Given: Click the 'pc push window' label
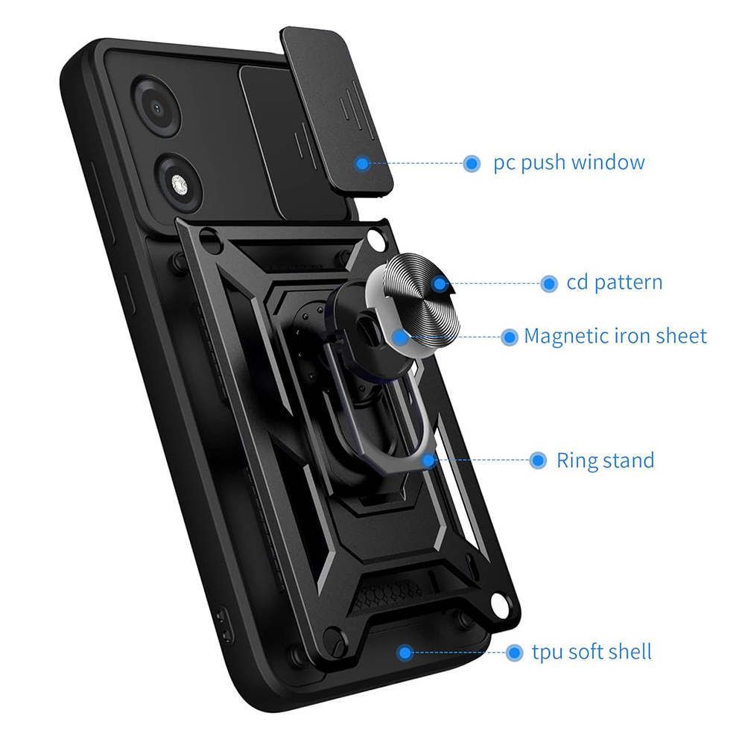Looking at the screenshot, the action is pos(568,163).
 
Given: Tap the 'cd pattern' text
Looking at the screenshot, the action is pos(615,282).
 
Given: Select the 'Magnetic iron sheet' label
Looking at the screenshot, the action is pos(615,337).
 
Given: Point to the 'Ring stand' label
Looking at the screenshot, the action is pos(605,460).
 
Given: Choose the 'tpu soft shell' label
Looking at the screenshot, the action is pos(592,652).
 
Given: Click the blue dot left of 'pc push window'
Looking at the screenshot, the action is pos(472,163).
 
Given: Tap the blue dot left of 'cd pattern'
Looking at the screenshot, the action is pos(549,284).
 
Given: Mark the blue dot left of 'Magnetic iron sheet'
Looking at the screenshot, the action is pos(510,337).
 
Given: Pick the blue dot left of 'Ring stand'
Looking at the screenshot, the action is pos(538,460).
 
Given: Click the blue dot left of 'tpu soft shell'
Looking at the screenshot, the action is pos(514,653).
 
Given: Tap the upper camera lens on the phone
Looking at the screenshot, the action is pos(157,109).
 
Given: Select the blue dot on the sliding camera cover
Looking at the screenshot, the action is pos(363,164).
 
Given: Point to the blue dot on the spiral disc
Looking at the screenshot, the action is pos(440,285).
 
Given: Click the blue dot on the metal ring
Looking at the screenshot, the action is pos(428,460).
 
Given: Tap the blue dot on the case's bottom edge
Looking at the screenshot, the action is pos(405,653).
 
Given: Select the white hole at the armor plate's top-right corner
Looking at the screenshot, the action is pos(375,239).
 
